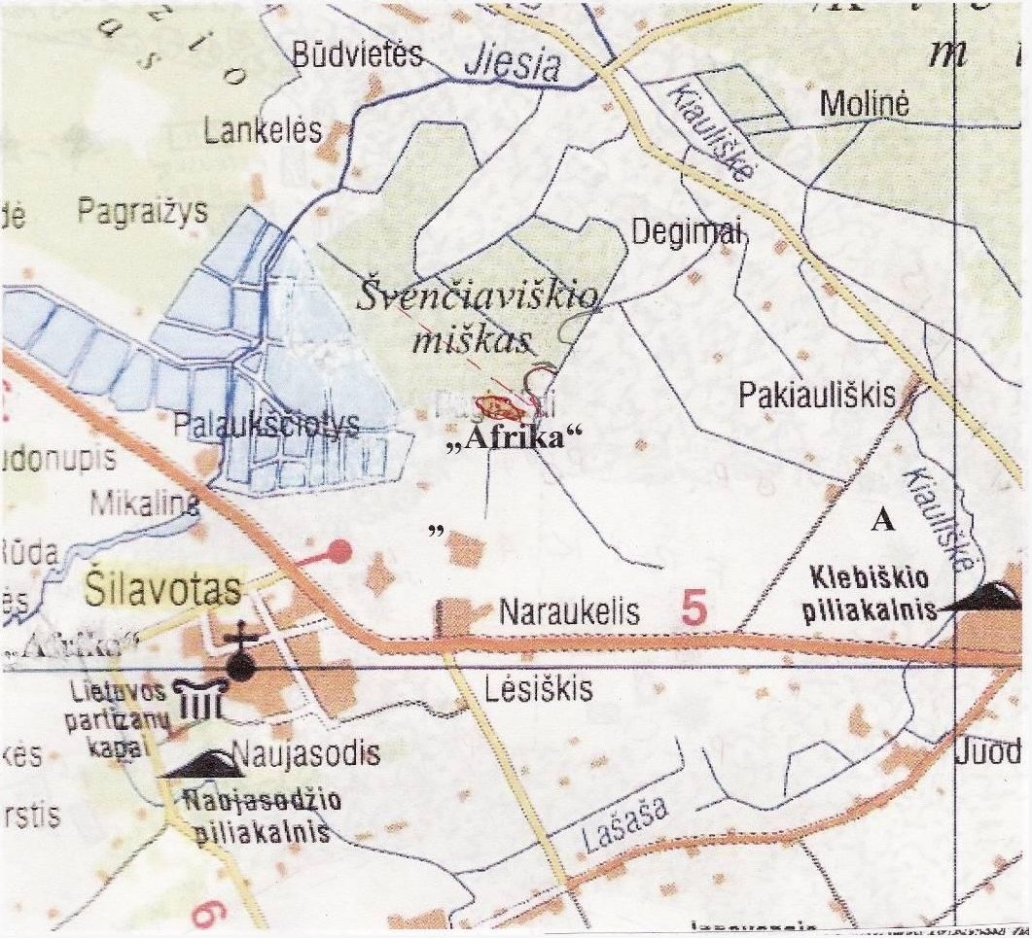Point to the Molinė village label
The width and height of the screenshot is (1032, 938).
[864, 104]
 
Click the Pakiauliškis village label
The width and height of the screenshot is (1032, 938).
[816, 395]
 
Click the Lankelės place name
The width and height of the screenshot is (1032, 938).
[263, 131]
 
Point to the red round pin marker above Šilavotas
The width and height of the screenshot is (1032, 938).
[338, 551]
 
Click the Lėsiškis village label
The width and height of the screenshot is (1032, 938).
[538, 689]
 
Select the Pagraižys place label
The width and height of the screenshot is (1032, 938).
[142, 211]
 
